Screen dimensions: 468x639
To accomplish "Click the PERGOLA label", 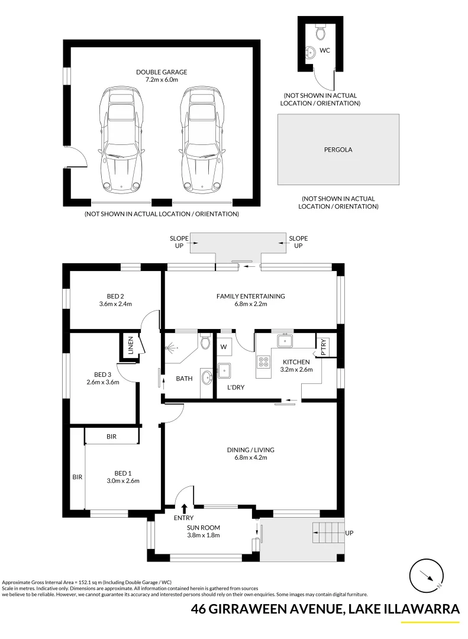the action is point(338,150).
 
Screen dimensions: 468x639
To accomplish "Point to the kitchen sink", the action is point(285,340).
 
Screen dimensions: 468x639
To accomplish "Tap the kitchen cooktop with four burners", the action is point(263,362).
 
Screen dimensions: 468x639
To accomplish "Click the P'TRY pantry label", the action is point(324,348).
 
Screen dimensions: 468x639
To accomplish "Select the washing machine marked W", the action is point(224,346).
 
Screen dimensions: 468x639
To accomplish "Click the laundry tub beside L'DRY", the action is point(224,370).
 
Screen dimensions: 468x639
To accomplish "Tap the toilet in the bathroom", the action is point(205,341).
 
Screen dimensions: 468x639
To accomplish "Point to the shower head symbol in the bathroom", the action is point(172,349).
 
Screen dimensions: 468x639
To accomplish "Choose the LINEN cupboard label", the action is point(131,345).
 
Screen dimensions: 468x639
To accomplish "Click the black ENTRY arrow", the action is point(184,508).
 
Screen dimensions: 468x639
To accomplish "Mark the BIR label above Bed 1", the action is point(112,437).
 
